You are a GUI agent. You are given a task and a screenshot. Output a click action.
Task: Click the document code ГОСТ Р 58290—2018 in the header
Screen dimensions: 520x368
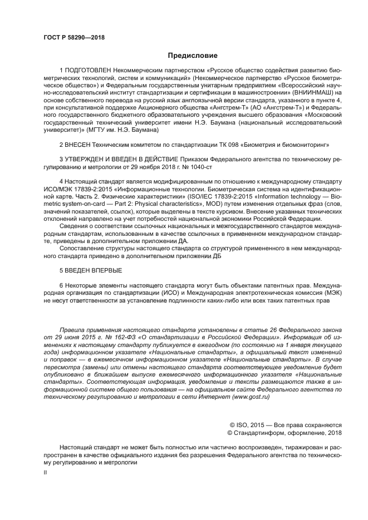point(73,38)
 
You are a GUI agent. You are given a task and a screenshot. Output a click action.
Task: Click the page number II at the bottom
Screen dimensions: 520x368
point(46,472)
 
